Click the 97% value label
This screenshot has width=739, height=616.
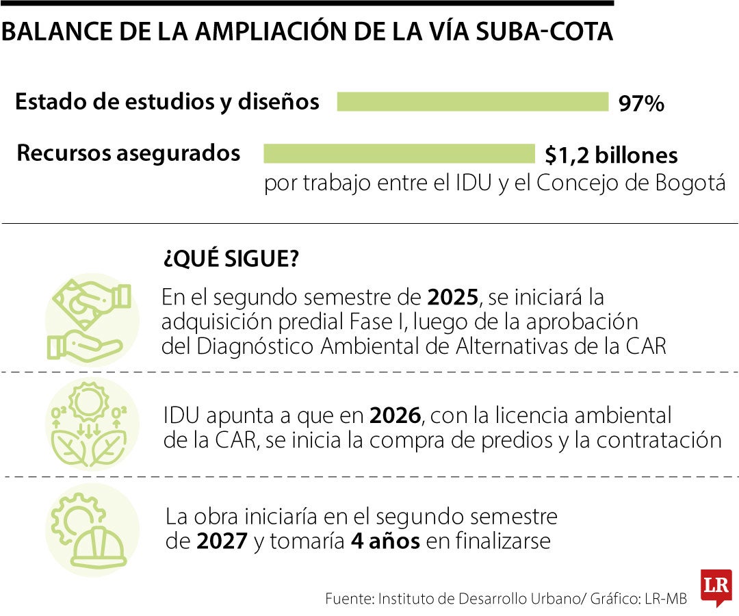click(x=641, y=104)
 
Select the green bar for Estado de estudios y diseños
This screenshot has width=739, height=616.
click(x=472, y=101)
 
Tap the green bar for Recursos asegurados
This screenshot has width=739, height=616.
click(x=398, y=153)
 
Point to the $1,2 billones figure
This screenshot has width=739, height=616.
click(x=611, y=155)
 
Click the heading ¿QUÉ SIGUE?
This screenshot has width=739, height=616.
click(x=231, y=260)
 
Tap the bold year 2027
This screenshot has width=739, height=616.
click(x=222, y=541)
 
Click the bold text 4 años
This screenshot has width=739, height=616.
click(x=385, y=541)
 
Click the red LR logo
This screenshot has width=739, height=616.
click(x=715, y=587)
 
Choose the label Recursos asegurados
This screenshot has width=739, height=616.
click(x=128, y=153)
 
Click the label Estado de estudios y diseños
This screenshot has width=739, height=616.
click(x=167, y=101)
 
